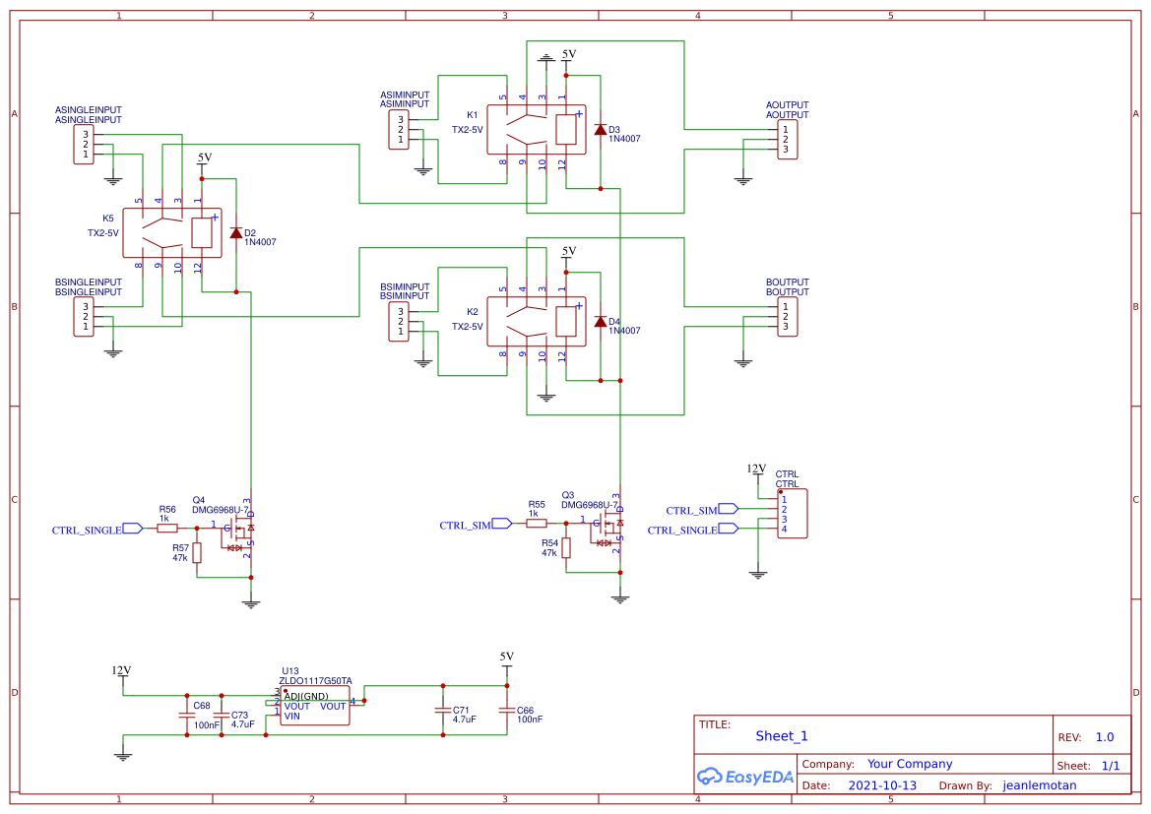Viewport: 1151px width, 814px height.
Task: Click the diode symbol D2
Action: pyautogui.click(x=235, y=233)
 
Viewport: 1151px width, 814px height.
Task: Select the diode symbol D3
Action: pyautogui.click(x=600, y=130)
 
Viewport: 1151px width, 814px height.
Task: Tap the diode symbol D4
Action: pyautogui.click(x=600, y=322)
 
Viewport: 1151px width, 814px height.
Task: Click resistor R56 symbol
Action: pyautogui.click(x=167, y=529)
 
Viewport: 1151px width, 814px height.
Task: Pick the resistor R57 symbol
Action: pyautogui.click(x=197, y=553)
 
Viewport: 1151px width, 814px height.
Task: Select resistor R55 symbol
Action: pyautogui.click(x=537, y=524)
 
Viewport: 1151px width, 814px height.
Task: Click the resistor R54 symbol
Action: pyautogui.click(x=566, y=548)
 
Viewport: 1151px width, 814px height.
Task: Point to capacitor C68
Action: pyautogui.click(x=186, y=714)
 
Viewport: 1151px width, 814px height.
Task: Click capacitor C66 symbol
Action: pyautogui.click(x=507, y=711)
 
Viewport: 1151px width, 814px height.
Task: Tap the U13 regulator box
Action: pyautogui.click(x=315, y=706)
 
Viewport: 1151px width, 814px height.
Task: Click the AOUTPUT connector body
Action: pyautogui.click(x=788, y=140)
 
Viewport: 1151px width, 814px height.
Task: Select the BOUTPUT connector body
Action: pyautogui.click(x=788, y=317)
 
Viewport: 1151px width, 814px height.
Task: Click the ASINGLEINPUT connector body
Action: pyautogui.click(x=84, y=145)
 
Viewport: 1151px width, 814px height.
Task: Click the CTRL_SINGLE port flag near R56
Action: pyautogui.click(x=132, y=529)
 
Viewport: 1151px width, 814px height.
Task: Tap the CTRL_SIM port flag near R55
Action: pyautogui.click(x=501, y=524)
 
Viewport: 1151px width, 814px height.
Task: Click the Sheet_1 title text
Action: pyautogui.click(x=781, y=736)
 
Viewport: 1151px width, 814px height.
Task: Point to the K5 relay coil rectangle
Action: pyautogui.click(x=202, y=232)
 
